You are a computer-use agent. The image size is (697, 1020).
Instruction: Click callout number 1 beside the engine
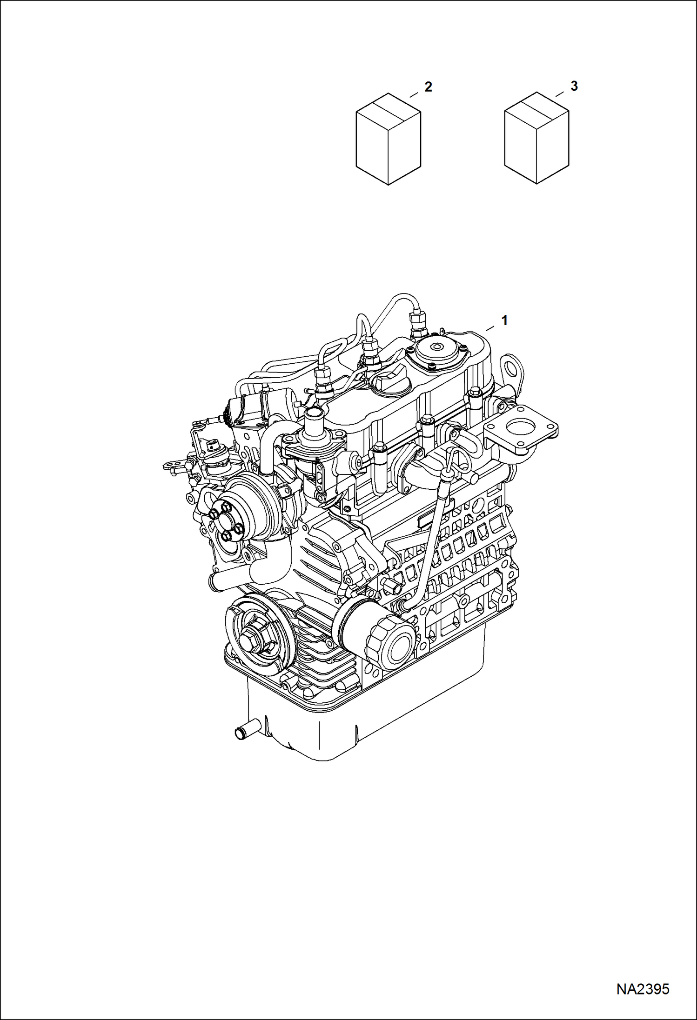(x=504, y=320)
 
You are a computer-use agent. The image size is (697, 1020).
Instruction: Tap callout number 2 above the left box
(x=428, y=87)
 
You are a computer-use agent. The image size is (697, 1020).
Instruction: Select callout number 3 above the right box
(x=574, y=86)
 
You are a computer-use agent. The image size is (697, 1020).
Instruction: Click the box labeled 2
(x=388, y=140)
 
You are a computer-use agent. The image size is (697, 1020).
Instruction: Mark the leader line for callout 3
(x=561, y=94)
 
